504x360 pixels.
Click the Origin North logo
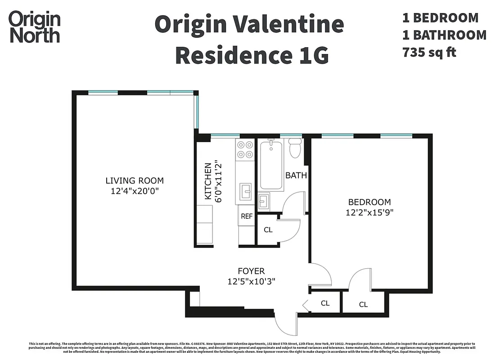35,27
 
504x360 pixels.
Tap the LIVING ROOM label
135,181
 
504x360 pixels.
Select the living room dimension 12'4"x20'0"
135,191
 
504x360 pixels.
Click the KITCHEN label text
208,181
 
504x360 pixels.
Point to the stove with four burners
245,150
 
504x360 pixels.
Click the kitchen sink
246,191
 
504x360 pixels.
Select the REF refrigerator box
247,216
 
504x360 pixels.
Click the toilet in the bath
295,148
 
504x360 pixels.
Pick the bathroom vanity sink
263,200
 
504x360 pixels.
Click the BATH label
296,175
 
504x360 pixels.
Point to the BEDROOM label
369,202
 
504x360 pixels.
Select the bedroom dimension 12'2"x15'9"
369,213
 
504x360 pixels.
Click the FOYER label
251,271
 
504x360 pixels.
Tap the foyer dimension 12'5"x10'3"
251,282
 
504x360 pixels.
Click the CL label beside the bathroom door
268,230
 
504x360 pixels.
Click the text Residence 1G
252,55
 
